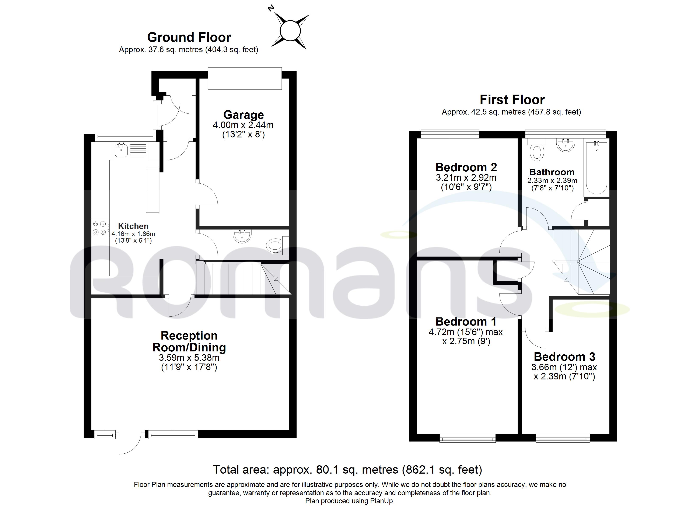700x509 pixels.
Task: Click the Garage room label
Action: (x=244, y=115)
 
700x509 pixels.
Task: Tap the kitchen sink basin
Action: (x=121, y=150)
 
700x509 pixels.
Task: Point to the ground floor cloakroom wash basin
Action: (x=243, y=236)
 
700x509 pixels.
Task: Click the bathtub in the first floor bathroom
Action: (x=596, y=167)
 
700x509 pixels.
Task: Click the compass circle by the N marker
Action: (x=290, y=31)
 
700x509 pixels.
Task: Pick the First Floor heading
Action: (x=512, y=100)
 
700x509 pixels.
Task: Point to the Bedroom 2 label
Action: (x=466, y=167)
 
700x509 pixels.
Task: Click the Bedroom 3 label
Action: (x=564, y=357)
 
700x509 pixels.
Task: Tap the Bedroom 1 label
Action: (x=466, y=322)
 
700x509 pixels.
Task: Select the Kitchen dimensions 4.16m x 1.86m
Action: (x=133, y=234)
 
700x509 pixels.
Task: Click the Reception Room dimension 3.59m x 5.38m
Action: (x=189, y=358)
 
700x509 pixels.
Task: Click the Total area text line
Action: (x=347, y=470)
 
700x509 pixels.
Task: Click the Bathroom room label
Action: (x=552, y=172)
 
